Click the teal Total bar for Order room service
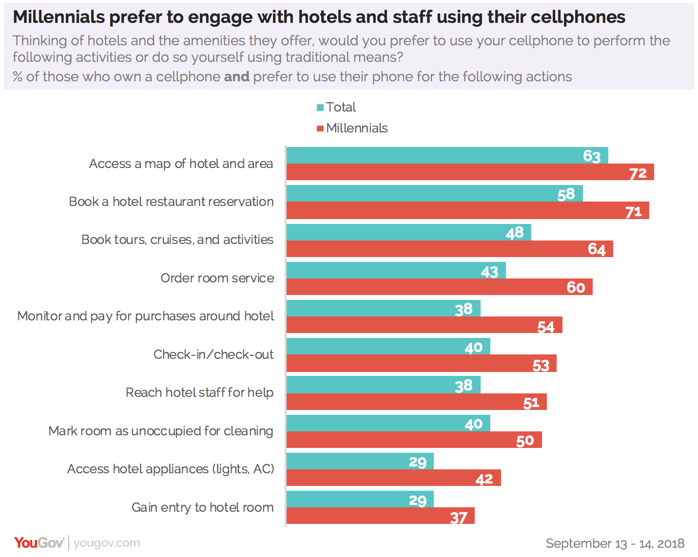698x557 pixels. coord(396,270)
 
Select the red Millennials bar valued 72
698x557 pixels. coord(470,172)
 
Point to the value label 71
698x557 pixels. coord(633,212)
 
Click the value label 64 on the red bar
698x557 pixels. coord(597,249)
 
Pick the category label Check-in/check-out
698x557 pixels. coord(213,354)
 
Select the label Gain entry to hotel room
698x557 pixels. coord(202,507)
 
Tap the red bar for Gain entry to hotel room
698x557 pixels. coord(380,516)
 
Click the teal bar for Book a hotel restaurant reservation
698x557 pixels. coord(434,194)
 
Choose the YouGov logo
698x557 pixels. coord(39,543)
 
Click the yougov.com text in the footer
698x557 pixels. coord(107,543)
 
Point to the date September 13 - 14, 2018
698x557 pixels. coord(615,543)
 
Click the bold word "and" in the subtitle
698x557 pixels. coord(236,77)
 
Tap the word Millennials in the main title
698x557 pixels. coord(59,17)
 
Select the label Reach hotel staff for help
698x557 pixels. coord(199,392)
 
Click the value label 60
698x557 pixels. coord(576,287)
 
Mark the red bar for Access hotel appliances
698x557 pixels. coord(393,478)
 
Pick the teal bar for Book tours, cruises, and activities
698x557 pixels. coord(408,232)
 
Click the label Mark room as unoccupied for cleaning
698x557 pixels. coord(161,431)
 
